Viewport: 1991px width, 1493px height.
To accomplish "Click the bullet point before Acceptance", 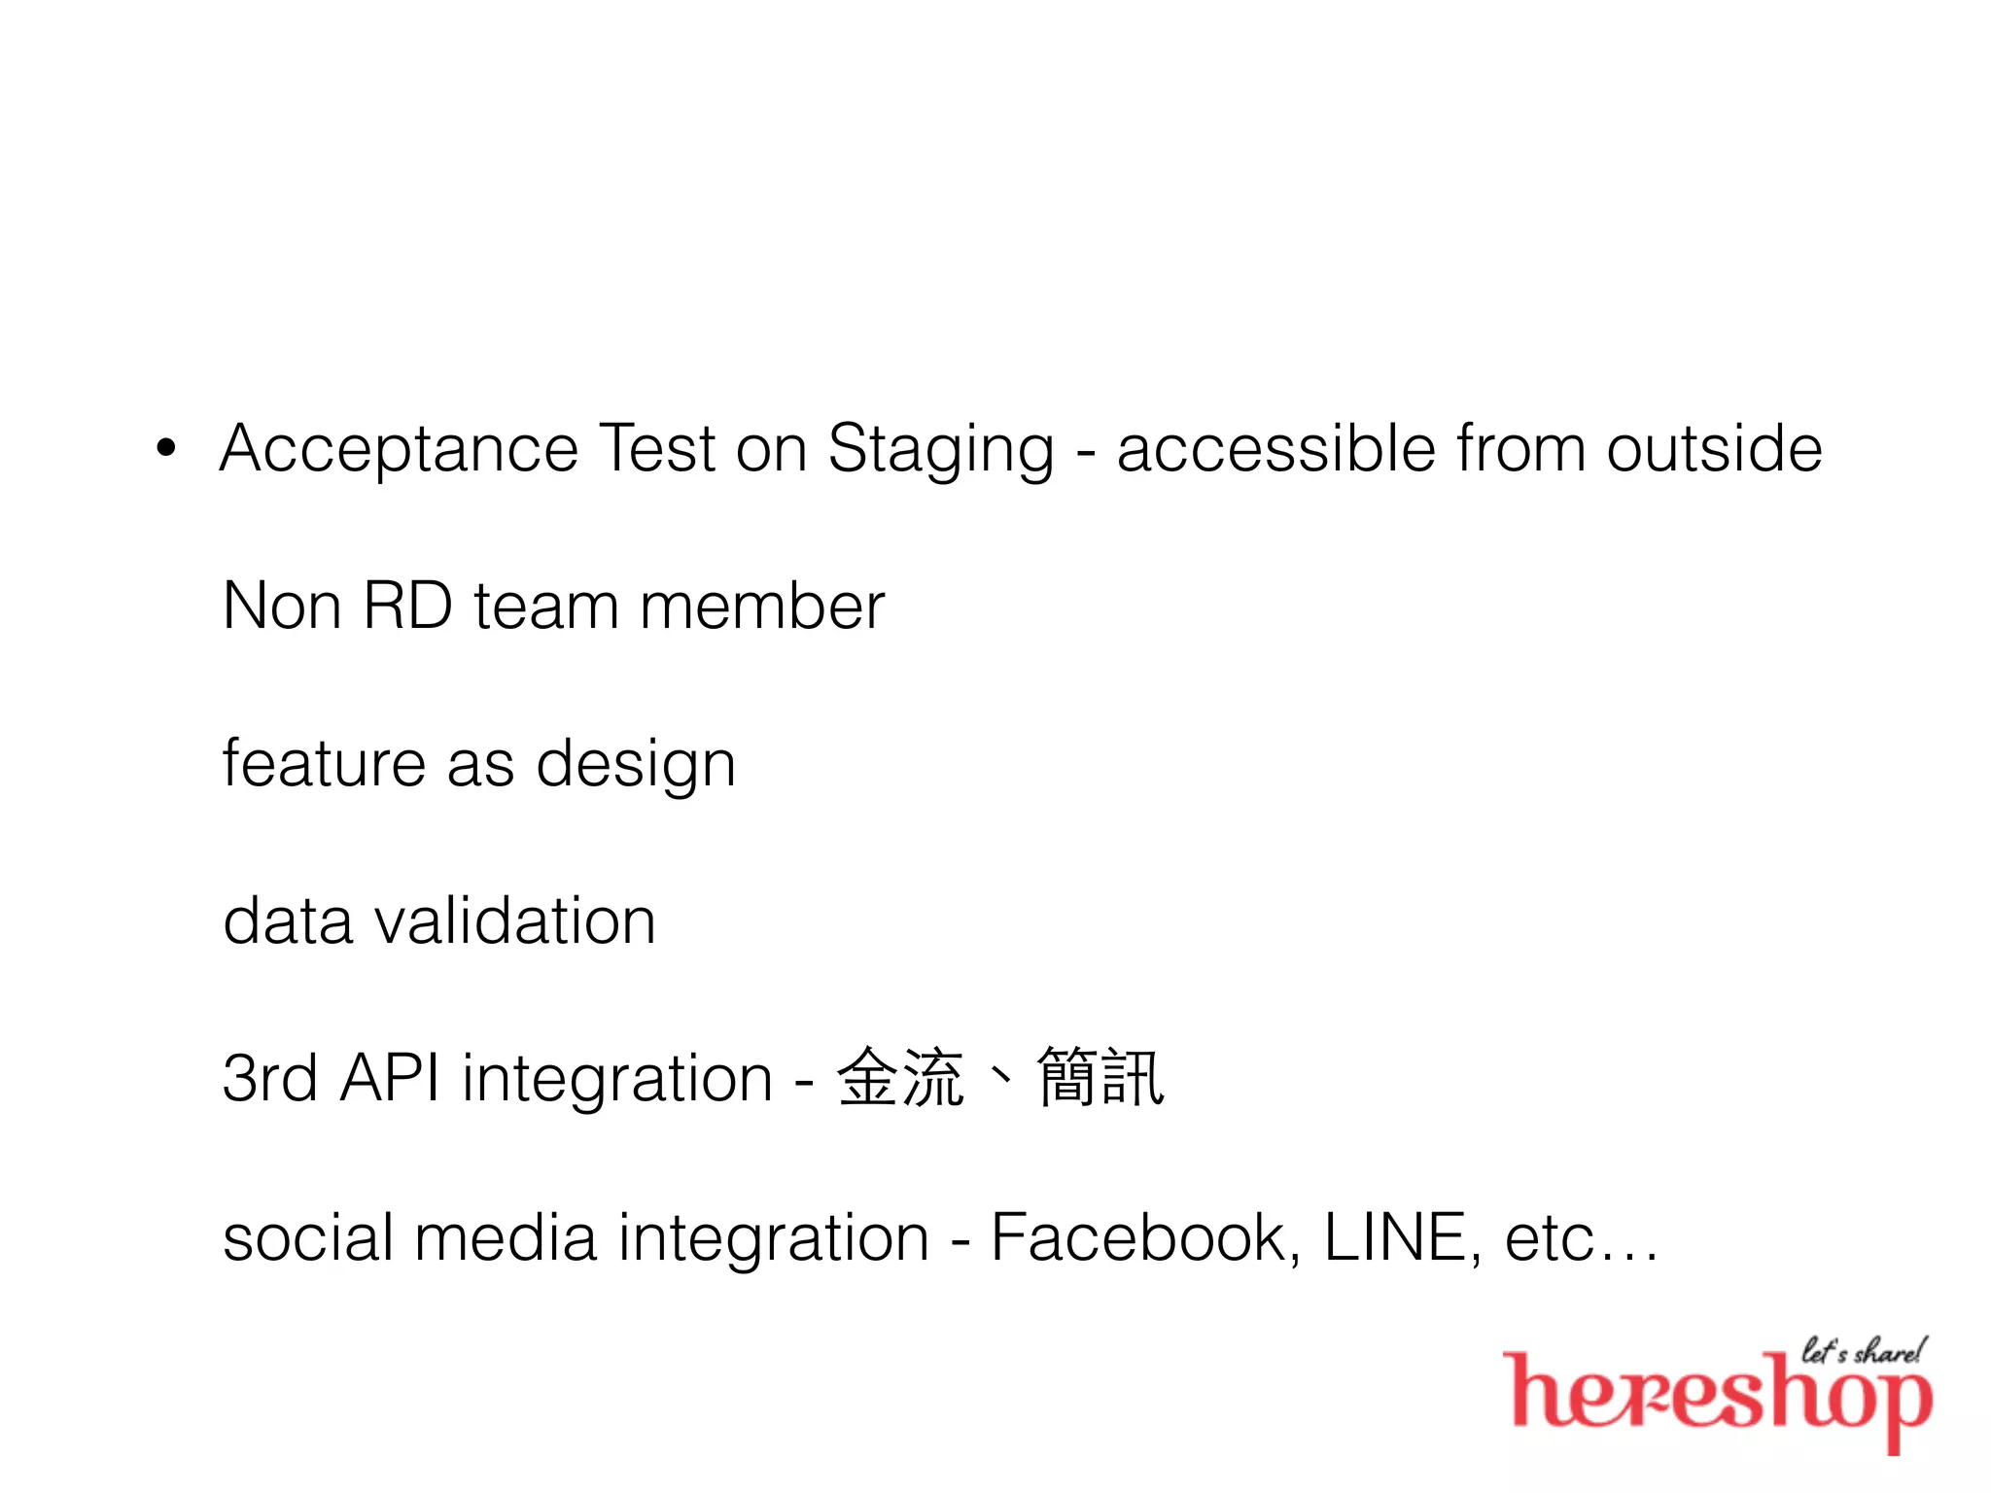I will (167, 449).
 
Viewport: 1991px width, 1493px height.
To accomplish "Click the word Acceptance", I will (399, 450).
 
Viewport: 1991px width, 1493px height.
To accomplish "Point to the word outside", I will (1714, 449).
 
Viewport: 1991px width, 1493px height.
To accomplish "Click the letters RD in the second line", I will (407, 607).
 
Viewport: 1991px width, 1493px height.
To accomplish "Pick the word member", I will (762, 607).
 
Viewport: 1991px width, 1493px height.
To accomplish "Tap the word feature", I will (324, 763).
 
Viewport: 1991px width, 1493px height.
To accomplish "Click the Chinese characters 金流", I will (900, 1078).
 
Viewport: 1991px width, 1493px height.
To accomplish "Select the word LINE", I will (1396, 1237).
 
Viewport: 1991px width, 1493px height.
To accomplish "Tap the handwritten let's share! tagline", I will (1863, 1351).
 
